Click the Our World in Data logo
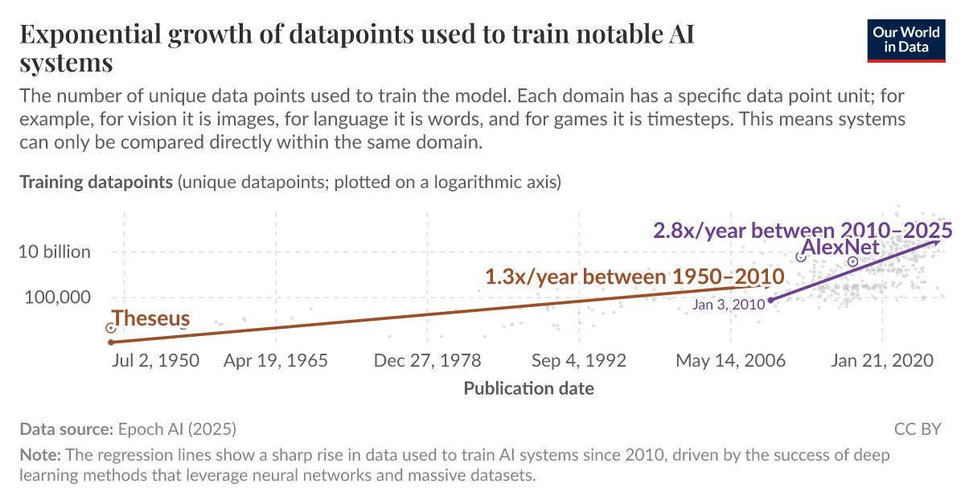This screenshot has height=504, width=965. tap(905, 39)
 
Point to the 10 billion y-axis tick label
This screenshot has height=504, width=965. tap(55, 252)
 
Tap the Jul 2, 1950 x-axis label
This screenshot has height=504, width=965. tap(155, 360)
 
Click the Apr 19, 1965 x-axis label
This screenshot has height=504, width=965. tap(276, 360)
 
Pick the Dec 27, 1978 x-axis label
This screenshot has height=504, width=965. tap(428, 360)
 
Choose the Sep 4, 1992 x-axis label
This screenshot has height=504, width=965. tap(579, 360)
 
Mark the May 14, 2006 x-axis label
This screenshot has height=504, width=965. tap(730, 360)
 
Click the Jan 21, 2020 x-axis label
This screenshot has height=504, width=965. tap(882, 360)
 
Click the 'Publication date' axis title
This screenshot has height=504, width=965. tap(529, 389)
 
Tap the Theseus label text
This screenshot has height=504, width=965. tap(151, 318)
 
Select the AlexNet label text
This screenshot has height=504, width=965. tap(841, 247)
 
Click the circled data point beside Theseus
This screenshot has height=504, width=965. tap(111, 328)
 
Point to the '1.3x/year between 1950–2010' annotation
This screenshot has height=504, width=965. tap(634, 277)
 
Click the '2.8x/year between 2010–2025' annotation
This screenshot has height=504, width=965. tap(803, 230)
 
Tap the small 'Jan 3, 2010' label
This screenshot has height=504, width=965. tap(728, 305)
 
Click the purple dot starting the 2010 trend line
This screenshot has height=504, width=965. tap(770, 300)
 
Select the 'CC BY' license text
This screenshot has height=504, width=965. tap(918, 429)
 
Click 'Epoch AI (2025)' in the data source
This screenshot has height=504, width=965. tap(177, 429)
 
